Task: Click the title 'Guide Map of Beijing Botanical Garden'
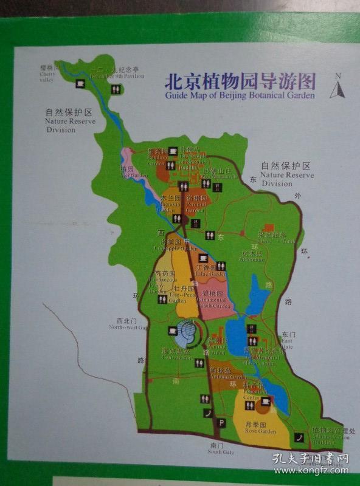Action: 240,95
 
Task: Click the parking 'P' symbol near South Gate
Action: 222,422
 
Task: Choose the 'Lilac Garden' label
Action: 203,271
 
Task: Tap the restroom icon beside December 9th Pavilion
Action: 116,89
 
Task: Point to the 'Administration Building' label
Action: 333,436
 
